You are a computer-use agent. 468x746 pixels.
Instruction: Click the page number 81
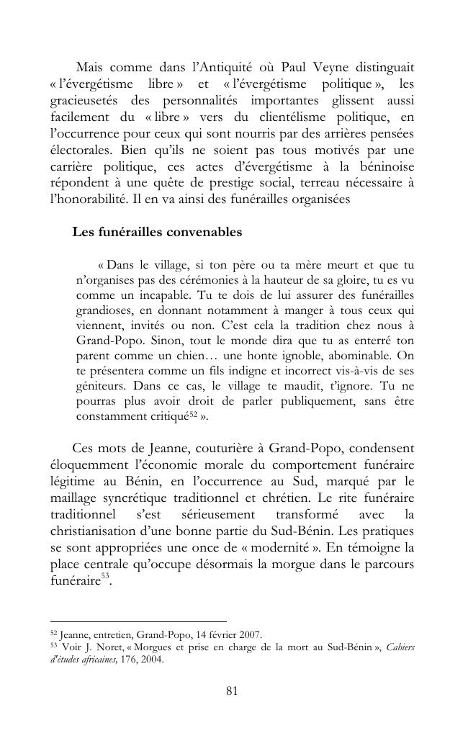tap(232, 691)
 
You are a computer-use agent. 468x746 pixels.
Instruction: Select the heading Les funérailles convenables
tap(157, 233)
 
